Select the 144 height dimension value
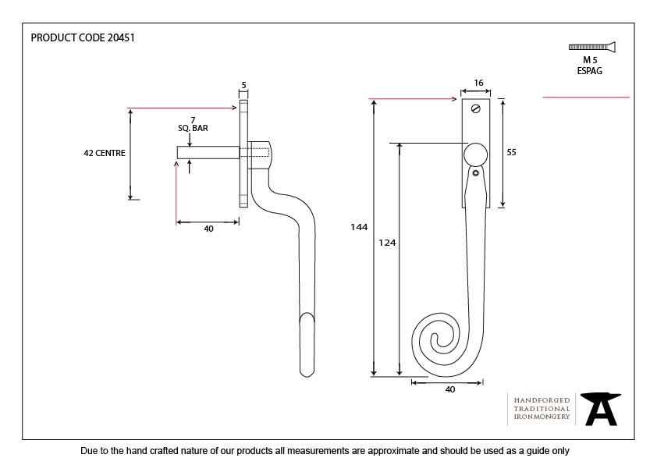(359, 227)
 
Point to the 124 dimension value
(388, 243)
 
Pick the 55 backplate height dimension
(511, 153)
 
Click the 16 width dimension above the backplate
(478, 83)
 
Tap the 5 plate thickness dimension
(244, 85)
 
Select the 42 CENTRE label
(105, 154)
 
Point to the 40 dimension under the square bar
(208, 229)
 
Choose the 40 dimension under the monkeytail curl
(449, 389)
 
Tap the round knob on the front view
(475, 155)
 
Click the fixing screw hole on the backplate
(474, 111)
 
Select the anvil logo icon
(601, 409)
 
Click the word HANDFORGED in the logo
(542, 399)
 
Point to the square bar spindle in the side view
(208, 153)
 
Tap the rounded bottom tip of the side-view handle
(308, 371)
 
